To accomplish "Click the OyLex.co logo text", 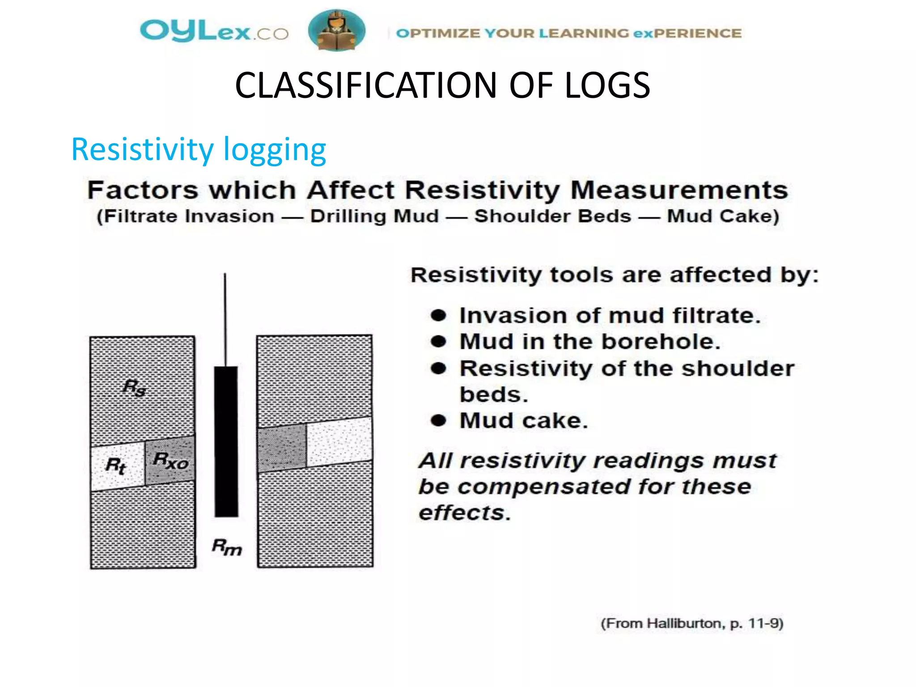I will click(214, 31).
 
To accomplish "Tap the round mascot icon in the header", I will click(336, 30).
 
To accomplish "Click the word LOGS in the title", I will click(607, 85).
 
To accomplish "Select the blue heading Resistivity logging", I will click(199, 149).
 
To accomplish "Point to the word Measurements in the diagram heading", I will click(679, 190).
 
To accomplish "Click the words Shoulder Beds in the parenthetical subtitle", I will click(553, 216).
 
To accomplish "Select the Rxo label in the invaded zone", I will click(170, 460).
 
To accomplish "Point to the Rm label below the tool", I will click(227, 547).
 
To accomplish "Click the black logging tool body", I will click(226, 441).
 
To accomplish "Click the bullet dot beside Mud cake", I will click(439, 420).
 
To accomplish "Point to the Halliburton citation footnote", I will click(691, 623).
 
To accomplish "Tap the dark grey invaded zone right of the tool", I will click(282, 447).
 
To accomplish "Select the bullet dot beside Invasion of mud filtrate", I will click(439, 316).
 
